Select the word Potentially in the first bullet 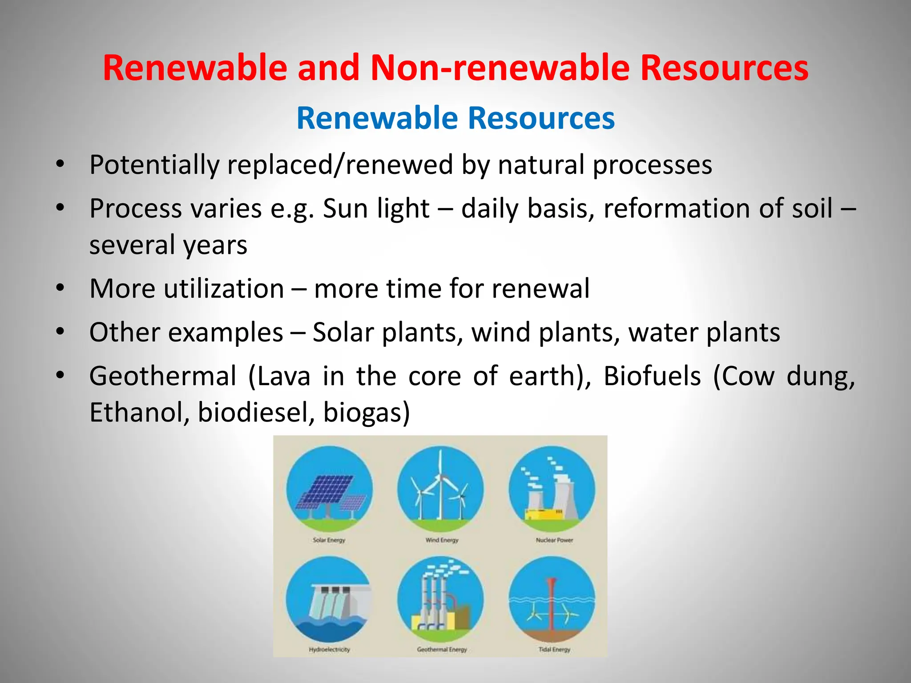click(154, 165)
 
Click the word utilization click(224, 289)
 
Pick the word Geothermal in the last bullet click(163, 376)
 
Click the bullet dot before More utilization click(60, 288)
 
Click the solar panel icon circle click(329, 489)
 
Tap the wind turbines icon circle click(440, 489)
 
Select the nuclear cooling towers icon click(552, 489)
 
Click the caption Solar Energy click(329, 540)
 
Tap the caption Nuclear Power click(554, 540)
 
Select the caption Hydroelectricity click(329, 649)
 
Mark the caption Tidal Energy click(554, 649)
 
